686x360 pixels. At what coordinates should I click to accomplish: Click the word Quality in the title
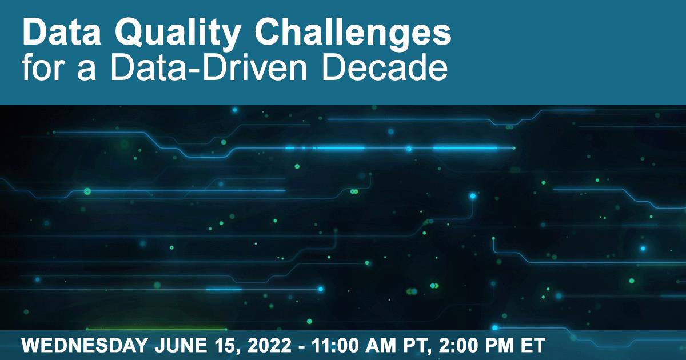pos(177,33)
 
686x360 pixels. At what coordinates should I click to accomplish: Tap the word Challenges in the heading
pos(353,33)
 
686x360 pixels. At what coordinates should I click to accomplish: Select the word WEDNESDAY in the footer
pos(85,345)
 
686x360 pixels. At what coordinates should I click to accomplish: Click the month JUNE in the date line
pos(181,345)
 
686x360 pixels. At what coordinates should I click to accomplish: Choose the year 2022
pos(269,345)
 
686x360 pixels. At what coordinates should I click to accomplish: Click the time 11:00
pos(335,345)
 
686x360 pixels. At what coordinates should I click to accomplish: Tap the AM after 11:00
pos(381,345)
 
